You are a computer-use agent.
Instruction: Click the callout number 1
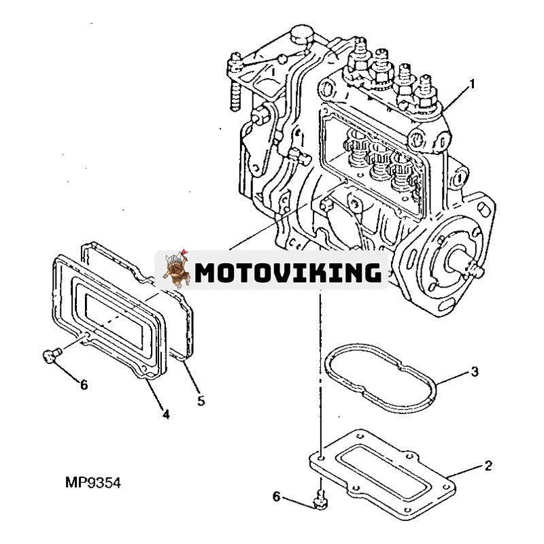click(x=472, y=84)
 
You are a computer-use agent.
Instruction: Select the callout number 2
click(x=488, y=466)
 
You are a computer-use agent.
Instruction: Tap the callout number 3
click(x=475, y=372)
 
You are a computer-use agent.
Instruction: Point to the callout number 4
click(x=165, y=413)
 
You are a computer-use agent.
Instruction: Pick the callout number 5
click(x=201, y=401)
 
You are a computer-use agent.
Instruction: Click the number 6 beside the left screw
click(x=84, y=385)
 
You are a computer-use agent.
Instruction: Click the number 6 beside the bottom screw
click(x=277, y=497)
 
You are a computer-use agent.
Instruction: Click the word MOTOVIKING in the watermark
click(x=288, y=273)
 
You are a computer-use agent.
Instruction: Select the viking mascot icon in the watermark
click(x=175, y=269)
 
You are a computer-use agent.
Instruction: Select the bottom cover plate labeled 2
click(x=381, y=469)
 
